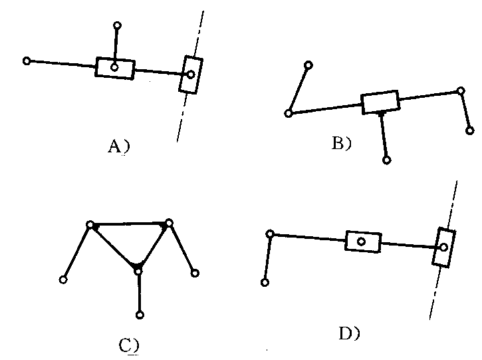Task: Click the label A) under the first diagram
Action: pos(118,147)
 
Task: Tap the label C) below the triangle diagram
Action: pos(128,345)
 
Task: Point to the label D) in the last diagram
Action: pos(350,333)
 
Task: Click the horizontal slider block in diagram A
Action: pos(115,68)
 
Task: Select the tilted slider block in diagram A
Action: pos(191,75)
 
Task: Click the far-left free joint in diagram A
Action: pos(27,61)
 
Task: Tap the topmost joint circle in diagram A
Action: pos(117,26)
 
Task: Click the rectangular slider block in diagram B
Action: pos(380,102)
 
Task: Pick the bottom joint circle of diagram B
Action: pos(387,160)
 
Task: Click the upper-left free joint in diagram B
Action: pos(308,65)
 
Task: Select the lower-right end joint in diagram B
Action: pos(471,131)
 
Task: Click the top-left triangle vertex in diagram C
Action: pos(90,225)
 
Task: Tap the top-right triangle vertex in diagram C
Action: pos(170,223)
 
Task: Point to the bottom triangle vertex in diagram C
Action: pos(138,270)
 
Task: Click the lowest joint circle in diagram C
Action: pos(140,315)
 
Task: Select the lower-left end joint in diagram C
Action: pos(63,279)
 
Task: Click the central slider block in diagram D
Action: pos(362,241)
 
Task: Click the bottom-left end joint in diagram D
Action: pos(265,282)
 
